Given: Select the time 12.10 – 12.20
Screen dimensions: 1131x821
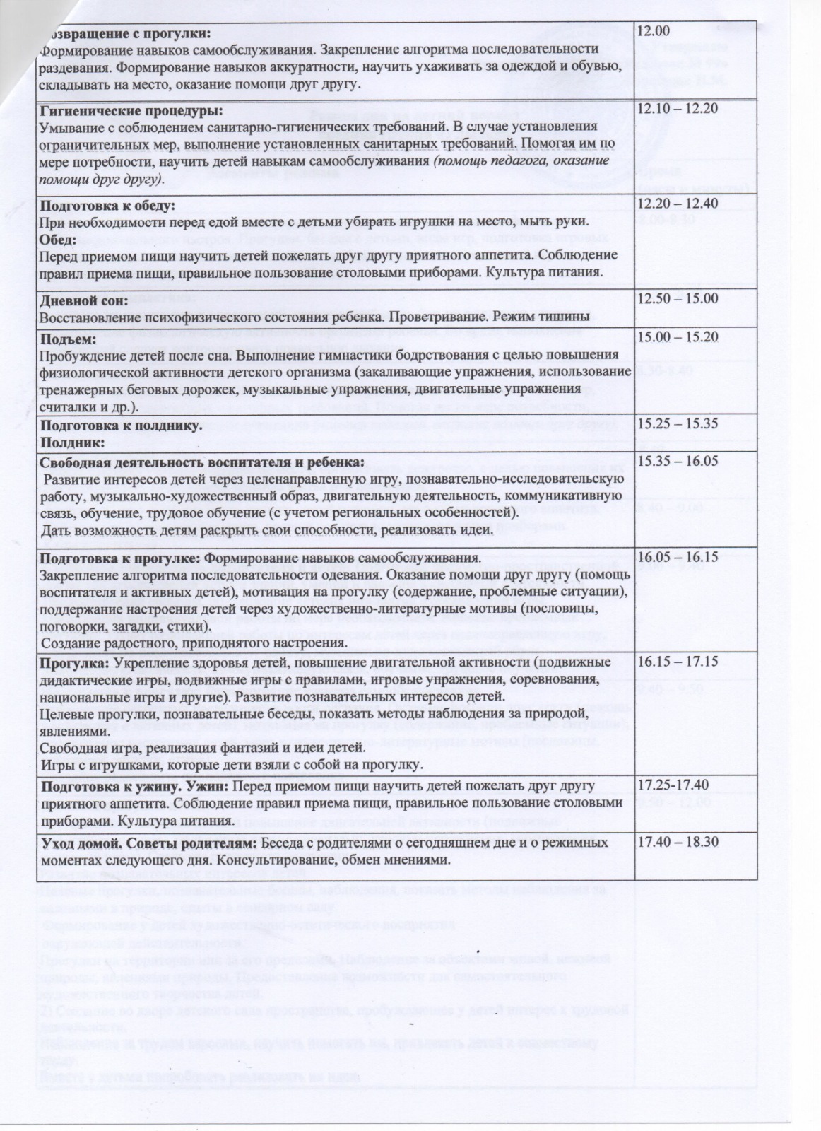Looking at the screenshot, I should pyautogui.click(x=677, y=109).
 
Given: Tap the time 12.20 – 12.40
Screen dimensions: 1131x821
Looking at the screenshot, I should pyautogui.click(x=677, y=204).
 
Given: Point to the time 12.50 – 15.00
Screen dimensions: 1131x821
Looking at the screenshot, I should pyautogui.click(x=678, y=298).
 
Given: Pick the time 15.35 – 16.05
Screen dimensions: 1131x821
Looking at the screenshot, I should pyautogui.click(x=678, y=461).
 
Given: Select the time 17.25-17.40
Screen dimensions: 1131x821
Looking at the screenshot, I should pyautogui.click(x=673, y=785).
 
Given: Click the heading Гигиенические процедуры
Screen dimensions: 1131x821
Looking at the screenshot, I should pyautogui.click(x=130, y=111).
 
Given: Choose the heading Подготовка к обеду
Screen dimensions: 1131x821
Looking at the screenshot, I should pyautogui.click(x=106, y=206).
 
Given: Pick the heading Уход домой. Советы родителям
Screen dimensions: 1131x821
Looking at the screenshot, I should pyautogui.click(x=148, y=844).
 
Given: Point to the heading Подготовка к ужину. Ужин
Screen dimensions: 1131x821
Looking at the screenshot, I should pyautogui.click(x=134, y=786).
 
